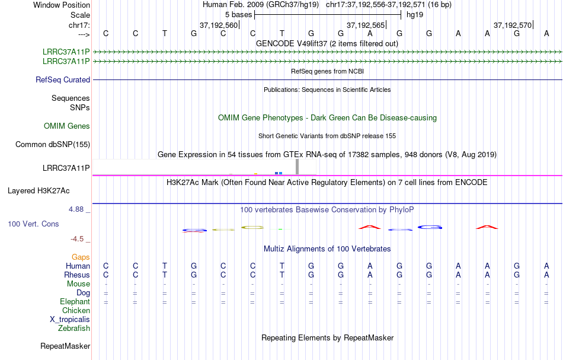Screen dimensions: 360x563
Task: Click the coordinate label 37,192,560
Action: (x=219, y=25)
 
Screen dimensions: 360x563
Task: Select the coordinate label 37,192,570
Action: (x=513, y=25)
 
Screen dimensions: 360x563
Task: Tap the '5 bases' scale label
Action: (x=238, y=14)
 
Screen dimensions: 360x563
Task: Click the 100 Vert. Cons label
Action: (x=33, y=224)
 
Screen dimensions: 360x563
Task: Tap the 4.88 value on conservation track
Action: (x=79, y=209)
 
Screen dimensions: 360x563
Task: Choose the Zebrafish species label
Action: (x=74, y=328)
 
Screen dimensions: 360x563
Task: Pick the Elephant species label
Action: (x=75, y=301)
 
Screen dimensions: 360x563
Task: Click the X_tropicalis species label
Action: (x=70, y=319)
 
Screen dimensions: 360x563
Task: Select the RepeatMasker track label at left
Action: (x=65, y=346)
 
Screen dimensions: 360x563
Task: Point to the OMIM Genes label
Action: (x=67, y=126)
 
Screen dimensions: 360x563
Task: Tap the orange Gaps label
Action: (x=81, y=257)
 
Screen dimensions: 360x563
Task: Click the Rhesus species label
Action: (x=76, y=275)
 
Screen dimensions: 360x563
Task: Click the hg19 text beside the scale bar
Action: (x=414, y=14)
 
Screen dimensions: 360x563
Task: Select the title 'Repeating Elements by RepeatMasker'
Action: (x=327, y=337)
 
